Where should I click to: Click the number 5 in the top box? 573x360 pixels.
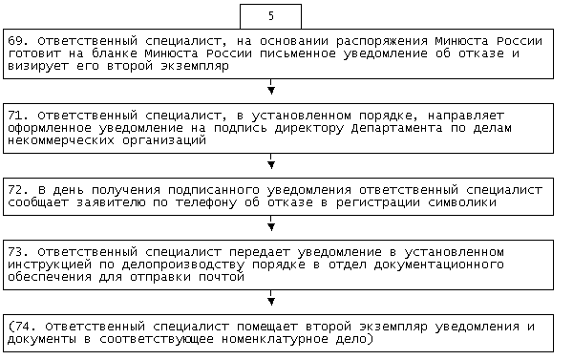point(271,16)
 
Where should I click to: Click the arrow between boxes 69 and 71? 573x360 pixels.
point(271,87)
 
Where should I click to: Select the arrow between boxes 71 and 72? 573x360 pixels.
point(271,161)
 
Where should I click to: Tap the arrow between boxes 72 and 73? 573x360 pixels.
point(271,223)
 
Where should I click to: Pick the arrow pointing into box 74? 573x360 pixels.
point(271,298)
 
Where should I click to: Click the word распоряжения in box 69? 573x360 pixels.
point(381,42)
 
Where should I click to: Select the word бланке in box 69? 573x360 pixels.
point(114,53)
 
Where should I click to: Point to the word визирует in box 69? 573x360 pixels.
point(38,67)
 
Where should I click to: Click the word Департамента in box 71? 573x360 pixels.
point(396,128)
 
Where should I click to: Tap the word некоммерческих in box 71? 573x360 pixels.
point(61,140)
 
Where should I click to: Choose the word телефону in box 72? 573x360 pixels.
point(206,202)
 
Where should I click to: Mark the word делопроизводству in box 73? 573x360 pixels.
point(183,265)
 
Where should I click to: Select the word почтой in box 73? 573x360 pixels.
point(222,277)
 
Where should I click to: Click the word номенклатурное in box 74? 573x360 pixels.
point(275,339)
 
